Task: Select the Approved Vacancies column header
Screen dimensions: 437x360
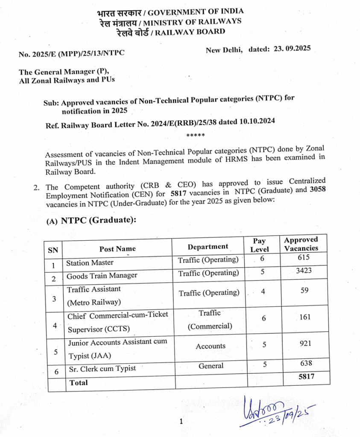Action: (x=301, y=244)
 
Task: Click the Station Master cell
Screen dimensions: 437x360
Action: (x=90, y=263)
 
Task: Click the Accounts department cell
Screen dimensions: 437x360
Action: (x=211, y=346)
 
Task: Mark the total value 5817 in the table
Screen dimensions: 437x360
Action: (x=304, y=376)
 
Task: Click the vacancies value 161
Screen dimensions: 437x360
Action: (x=305, y=317)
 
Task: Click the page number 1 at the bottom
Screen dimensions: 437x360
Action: (x=181, y=422)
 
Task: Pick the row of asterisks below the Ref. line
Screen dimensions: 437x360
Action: (x=196, y=136)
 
